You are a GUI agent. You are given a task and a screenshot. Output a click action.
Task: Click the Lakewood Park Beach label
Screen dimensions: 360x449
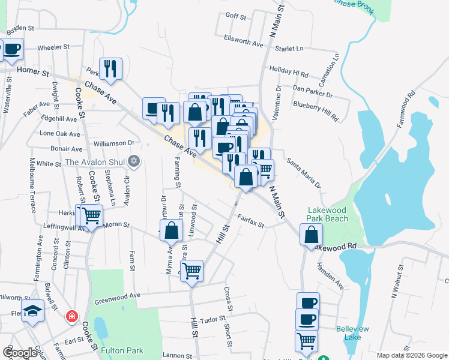point(328,215)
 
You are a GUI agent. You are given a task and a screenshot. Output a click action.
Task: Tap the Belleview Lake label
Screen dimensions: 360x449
point(357,334)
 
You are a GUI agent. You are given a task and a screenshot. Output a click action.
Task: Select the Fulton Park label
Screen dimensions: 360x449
point(122,350)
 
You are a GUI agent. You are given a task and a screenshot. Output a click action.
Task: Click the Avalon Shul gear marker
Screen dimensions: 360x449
point(133,161)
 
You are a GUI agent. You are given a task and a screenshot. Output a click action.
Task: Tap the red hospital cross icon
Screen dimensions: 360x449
point(72,316)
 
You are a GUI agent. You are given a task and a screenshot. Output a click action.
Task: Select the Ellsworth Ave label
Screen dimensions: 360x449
point(243,44)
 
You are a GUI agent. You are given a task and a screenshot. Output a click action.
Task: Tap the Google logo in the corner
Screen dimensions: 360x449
point(20,353)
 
